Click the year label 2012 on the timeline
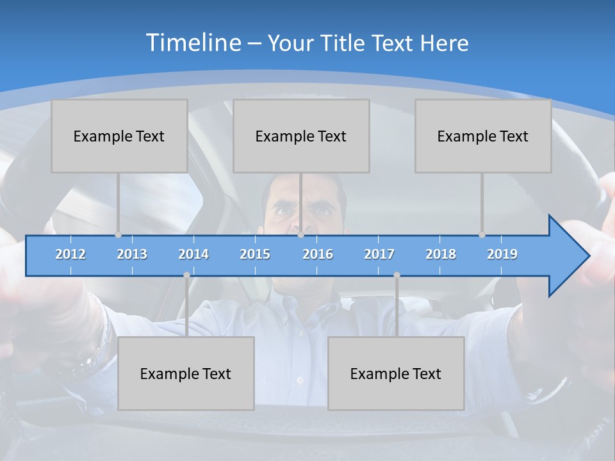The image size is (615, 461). click(70, 254)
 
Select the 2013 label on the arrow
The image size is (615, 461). click(132, 254)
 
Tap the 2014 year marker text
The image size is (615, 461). click(193, 254)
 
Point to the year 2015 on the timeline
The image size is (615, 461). click(255, 254)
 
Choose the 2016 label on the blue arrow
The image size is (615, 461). click(318, 254)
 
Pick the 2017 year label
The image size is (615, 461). click(379, 254)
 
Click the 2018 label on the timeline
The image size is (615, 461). click(441, 254)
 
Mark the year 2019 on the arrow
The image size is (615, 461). click(502, 254)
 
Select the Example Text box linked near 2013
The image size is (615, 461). click(119, 136)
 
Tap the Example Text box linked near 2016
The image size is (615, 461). click(301, 136)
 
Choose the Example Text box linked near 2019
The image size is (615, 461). click(483, 136)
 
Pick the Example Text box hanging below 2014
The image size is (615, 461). click(186, 373)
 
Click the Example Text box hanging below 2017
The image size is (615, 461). click(396, 373)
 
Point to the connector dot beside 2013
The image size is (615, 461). click(119, 235)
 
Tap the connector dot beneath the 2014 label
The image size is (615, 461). click(186, 275)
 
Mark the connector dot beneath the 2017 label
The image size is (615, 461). click(397, 275)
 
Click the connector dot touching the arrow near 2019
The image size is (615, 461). click(482, 235)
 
